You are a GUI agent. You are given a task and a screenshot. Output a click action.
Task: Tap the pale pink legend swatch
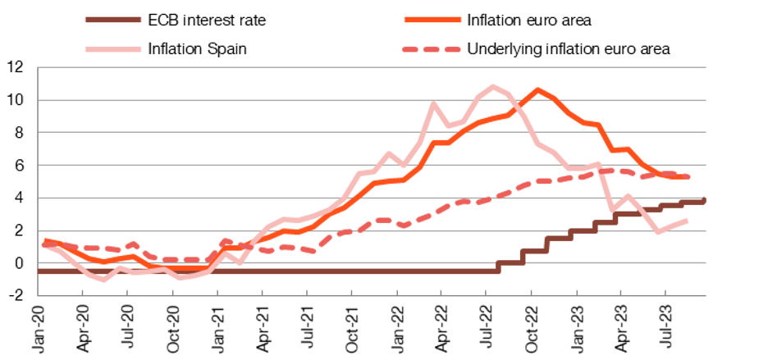[x=113, y=49]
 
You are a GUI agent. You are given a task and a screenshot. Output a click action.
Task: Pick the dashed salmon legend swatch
[x=432, y=49]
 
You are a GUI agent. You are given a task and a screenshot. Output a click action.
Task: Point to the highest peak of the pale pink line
[x=493, y=85]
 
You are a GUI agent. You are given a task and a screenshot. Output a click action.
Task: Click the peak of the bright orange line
[x=538, y=89]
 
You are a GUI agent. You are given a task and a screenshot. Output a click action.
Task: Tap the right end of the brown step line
[x=706, y=198]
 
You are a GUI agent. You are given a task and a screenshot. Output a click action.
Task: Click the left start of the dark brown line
[x=39, y=271]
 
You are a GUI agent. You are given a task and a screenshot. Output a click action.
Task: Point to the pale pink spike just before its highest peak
[x=433, y=104]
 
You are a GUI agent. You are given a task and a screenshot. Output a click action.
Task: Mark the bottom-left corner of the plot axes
[x=39, y=295]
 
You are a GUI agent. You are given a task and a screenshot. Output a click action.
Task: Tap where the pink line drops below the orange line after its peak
[x=519, y=112]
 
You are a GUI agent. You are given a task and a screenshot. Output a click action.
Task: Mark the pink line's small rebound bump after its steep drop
[x=628, y=195]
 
